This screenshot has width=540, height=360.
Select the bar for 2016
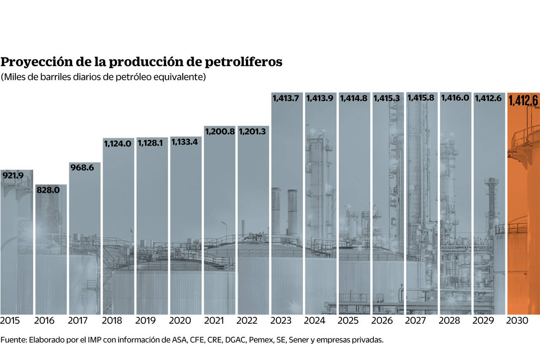[x=51, y=249]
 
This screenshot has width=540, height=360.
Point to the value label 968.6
[x=82, y=168]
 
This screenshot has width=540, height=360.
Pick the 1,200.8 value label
[x=219, y=131]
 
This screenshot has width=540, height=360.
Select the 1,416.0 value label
[x=455, y=98]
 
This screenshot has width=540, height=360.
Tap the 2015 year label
[x=10, y=321]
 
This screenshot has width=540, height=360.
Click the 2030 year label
[x=517, y=321]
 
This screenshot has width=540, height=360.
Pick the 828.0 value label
[x=48, y=190]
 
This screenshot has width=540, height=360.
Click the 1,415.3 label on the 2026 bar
[x=388, y=98]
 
